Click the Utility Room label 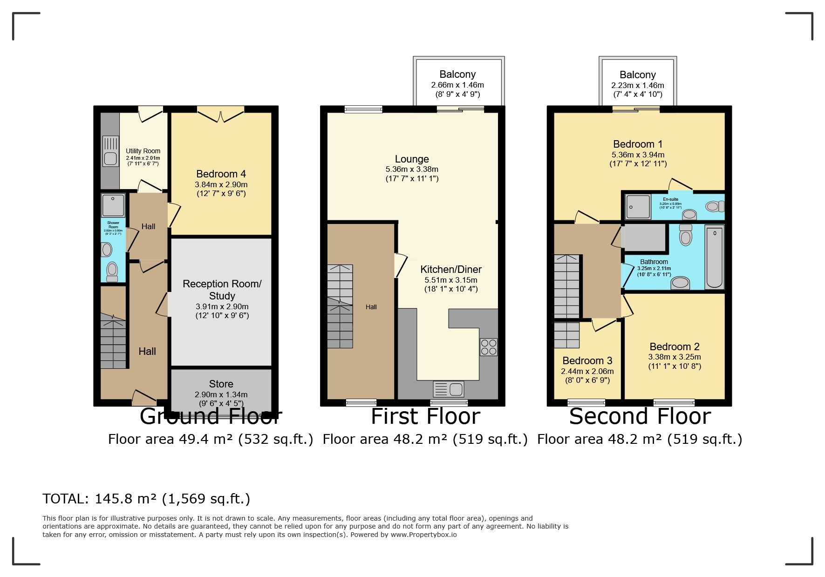click(x=143, y=151)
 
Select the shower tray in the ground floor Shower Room click(x=113, y=205)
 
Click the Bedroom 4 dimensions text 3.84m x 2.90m click(x=221, y=185)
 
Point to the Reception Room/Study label click(x=222, y=290)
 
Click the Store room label click(x=221, y=384)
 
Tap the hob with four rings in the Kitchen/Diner click(x=489, y=347)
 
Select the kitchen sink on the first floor click(x=449, y=388)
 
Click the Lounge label click(x=412, y=159)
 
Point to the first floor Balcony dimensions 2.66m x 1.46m click(x=457, y=85)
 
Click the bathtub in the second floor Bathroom click(x=714, y=257)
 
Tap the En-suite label click(x=670, y=199)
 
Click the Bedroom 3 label click(x=587, y=361)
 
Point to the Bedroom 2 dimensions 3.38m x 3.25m click(x=674, y=357)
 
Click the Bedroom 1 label click(x=638, y=144)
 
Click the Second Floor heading click(x=640, y=416)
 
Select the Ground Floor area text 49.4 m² click(x=205, y=439)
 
